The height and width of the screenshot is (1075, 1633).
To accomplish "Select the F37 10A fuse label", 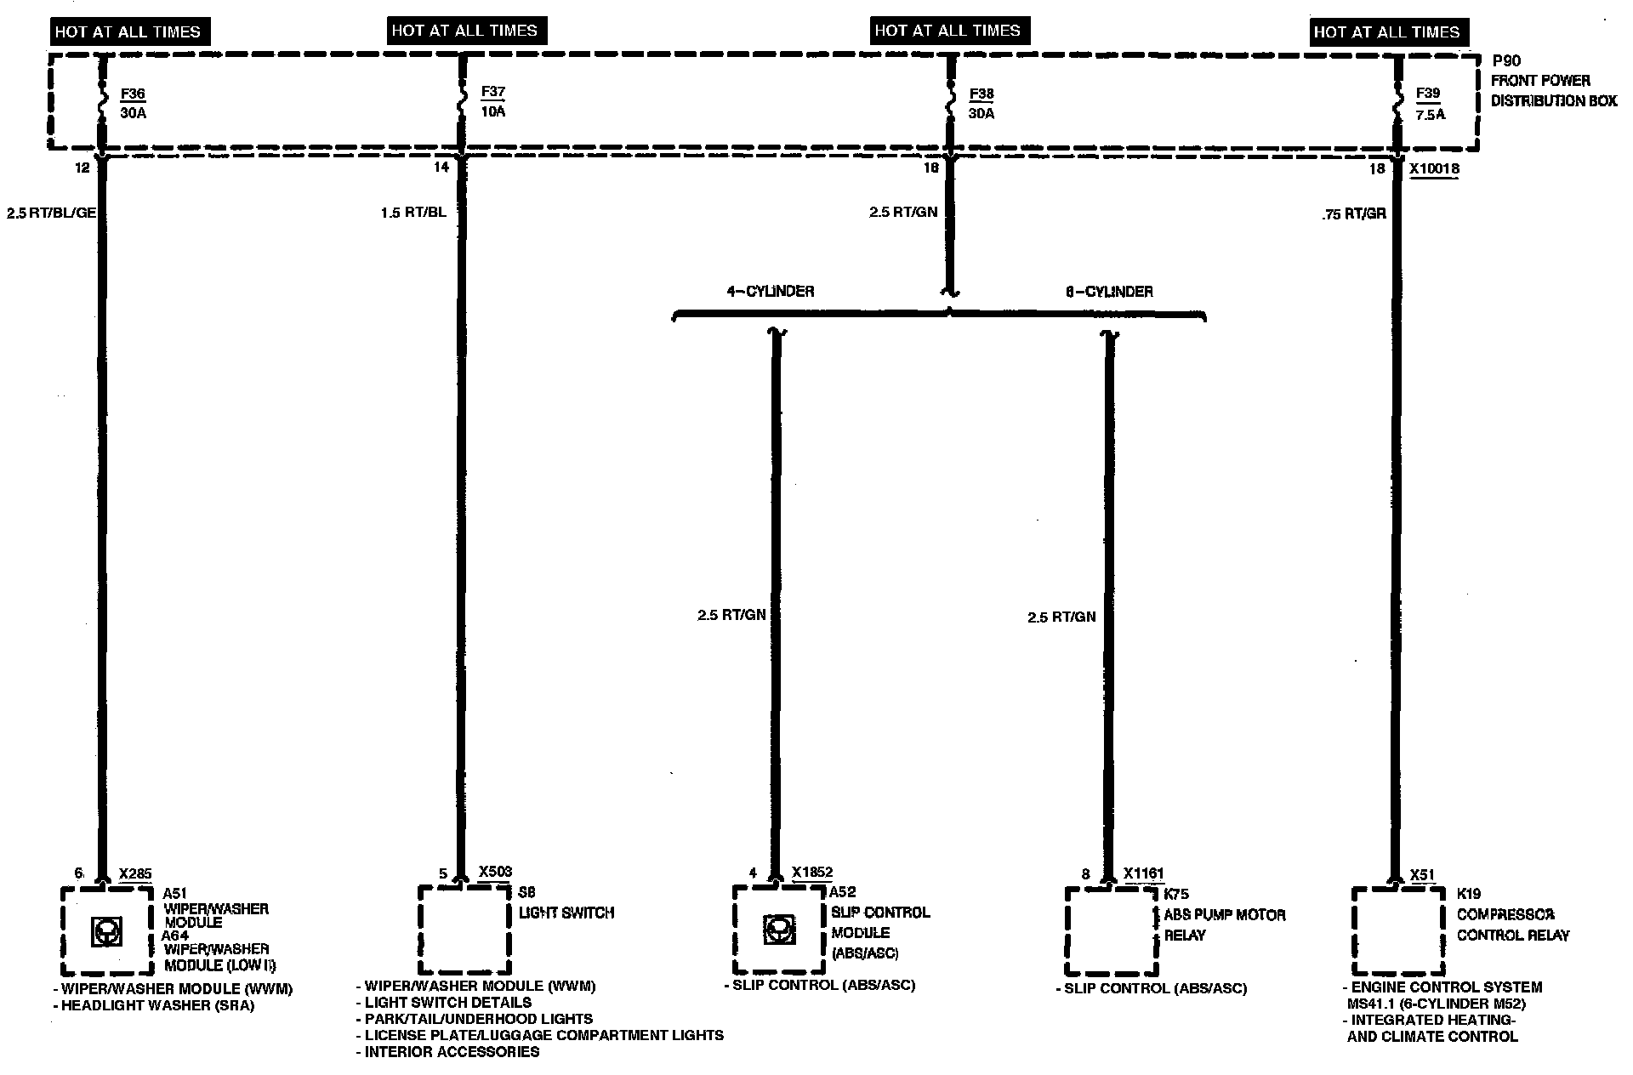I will tap(492, 101).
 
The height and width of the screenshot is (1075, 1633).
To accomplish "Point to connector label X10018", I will tap(1434, 169).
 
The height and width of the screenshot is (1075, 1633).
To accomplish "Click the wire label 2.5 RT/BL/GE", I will tap(51, 213).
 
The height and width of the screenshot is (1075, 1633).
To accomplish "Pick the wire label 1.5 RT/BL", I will tap(413, 213).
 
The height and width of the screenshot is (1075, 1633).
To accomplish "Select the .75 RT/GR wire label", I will tap(1354, 214).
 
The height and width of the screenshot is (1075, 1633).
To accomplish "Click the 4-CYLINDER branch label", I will tap(770, 292).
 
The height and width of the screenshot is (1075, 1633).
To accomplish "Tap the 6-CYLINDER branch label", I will tap(1109, 292).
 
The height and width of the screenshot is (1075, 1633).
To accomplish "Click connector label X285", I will tap(135, 873).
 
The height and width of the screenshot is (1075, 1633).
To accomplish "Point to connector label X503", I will tap(495, 872).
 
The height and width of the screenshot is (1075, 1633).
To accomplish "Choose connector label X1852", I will tap(812, 873).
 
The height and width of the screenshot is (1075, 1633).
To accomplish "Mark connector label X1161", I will tap(1143, 873).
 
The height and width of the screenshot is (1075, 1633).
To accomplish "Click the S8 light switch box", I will tap(464, 930).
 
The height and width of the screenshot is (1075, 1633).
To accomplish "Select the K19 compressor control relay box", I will tap(1397, 931).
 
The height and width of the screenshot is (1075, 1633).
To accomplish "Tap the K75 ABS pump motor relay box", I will tap(1111, 931).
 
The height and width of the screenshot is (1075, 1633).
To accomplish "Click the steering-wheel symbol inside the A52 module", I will tap(778, 930).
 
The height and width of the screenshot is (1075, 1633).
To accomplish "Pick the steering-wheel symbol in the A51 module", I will tap(106, 932).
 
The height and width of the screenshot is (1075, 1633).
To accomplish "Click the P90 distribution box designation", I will tap(1506, 61).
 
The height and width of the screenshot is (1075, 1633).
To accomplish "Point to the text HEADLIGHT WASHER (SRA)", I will tap(157, 1005).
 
